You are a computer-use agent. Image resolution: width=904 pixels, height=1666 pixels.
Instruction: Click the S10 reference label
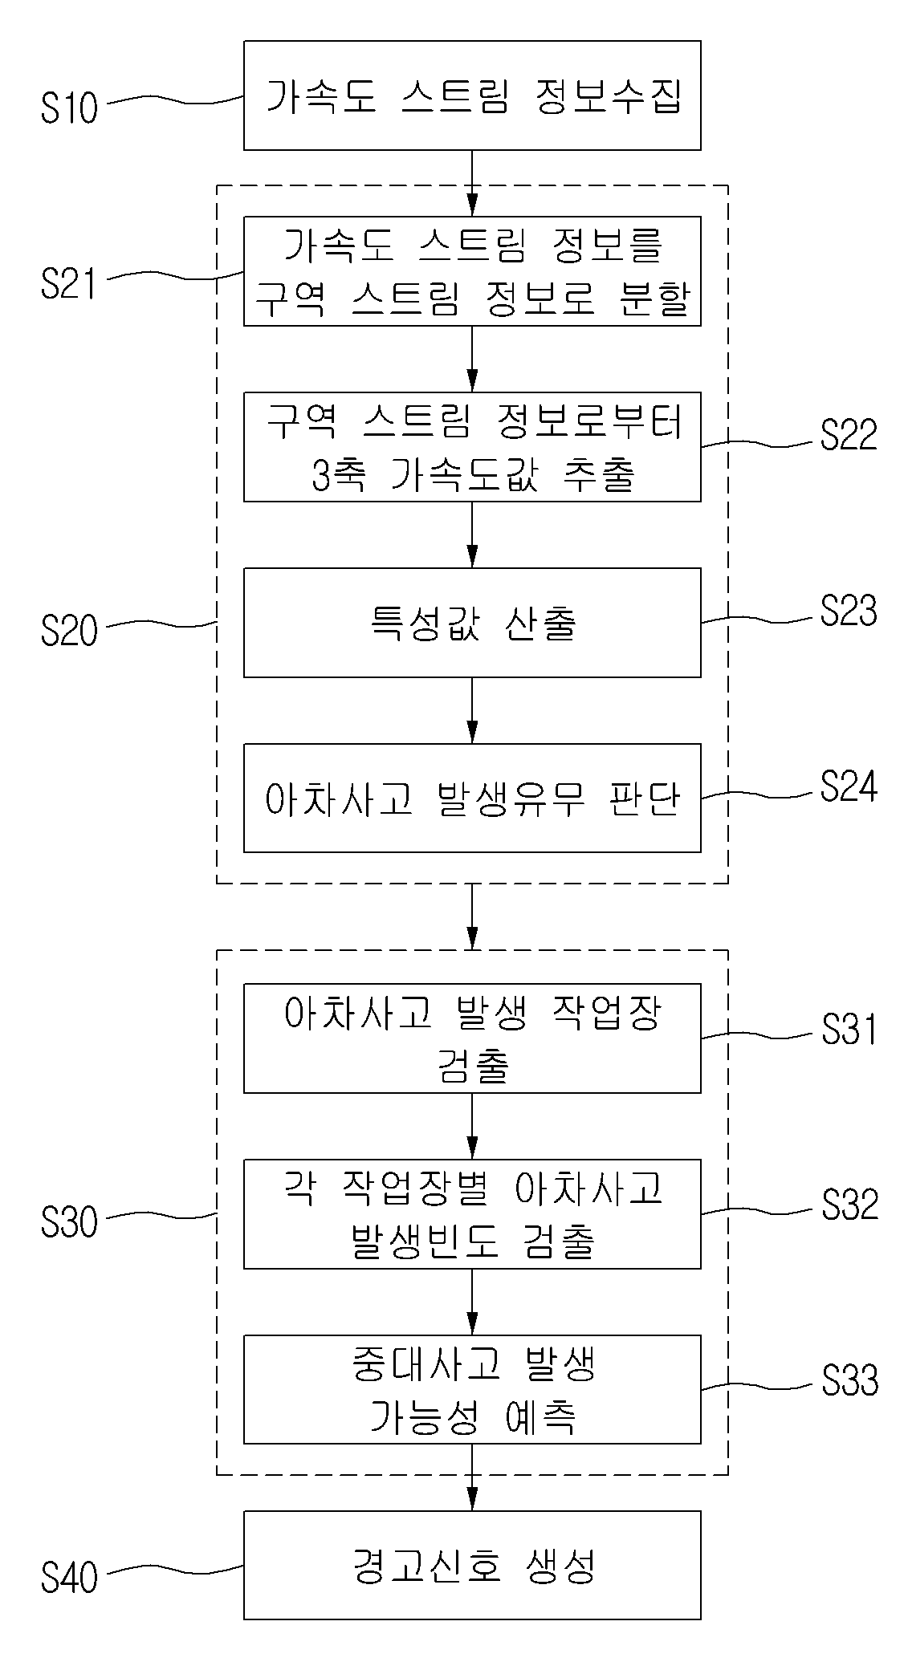(69, 108)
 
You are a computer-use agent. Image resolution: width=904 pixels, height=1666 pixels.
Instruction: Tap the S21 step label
(69, 284)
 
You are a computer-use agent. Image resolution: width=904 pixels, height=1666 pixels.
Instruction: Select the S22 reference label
(849, 435)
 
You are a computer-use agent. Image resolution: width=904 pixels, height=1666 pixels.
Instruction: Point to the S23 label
(849, 612)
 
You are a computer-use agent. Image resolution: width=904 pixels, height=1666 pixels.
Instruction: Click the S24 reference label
(849, 787)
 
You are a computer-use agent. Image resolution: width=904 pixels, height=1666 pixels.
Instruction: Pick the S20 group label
(69, 630)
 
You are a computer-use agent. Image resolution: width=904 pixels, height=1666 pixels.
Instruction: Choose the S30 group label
(69, 1221)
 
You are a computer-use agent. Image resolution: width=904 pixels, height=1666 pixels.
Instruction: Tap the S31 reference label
(849, 1030)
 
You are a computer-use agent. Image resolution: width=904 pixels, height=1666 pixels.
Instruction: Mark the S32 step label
(849, 1205)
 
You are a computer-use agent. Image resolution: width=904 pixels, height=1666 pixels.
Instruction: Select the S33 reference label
(849, 1381)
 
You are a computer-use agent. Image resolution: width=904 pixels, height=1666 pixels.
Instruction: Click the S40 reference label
(69, 1577)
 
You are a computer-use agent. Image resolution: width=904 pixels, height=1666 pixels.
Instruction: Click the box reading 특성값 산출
(472, 623)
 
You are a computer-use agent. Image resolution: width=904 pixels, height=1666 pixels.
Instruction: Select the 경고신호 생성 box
(472, 1566)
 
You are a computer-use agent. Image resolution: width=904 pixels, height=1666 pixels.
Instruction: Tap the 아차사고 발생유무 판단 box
(472, 798)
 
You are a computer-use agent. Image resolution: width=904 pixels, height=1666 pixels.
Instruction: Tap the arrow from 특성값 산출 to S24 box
(472, 711)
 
